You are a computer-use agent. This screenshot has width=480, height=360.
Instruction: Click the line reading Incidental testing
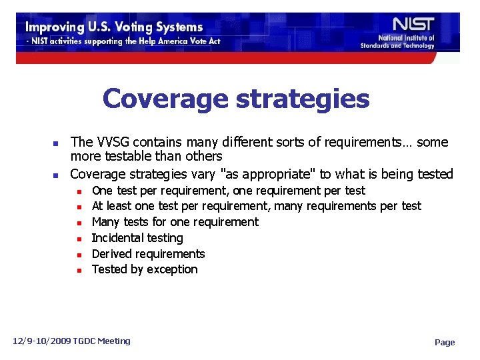[x=137, y=238]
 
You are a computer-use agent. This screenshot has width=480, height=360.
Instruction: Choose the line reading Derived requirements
[x=148, y=254]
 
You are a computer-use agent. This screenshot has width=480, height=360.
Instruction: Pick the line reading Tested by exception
[x=145, y=269]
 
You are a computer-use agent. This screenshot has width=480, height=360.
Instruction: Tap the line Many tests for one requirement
[x=175, y=222]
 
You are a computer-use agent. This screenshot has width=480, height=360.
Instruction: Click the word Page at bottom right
[x=445, y=343]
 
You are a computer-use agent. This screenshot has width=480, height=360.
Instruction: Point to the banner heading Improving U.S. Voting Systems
[x=114, y=27]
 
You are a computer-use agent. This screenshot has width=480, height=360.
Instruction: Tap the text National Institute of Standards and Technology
[x=397, y=42]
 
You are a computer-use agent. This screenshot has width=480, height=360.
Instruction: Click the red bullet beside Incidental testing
[x=79, y=239]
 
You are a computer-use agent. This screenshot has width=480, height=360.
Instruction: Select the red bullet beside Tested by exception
[x=79, y=270]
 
